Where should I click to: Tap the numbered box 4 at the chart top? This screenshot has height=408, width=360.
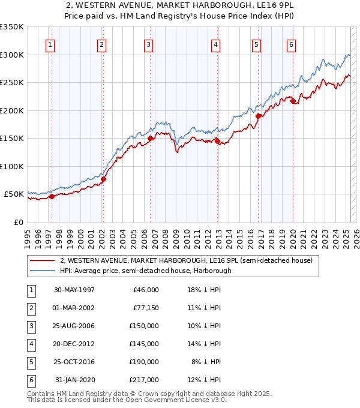coord(215,44)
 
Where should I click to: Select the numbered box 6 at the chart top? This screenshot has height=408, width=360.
coord(291,44)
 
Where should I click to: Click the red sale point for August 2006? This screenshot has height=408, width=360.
coord(150,139)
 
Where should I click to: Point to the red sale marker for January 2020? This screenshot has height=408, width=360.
coord(293,101)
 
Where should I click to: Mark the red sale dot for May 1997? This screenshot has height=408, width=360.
coord(52,196)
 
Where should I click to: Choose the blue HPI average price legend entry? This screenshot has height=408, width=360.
coord(145,271)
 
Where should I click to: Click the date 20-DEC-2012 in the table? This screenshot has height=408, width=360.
coord(74,344)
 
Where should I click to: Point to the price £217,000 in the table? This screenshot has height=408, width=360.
coord(144,380)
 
